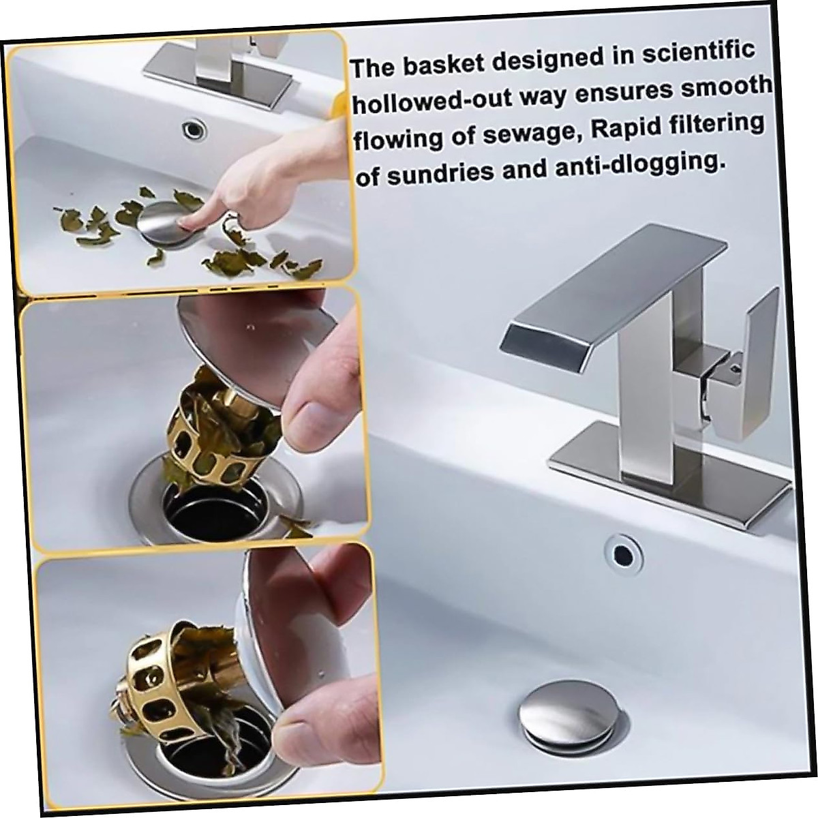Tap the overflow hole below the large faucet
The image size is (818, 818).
pos(623,549)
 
